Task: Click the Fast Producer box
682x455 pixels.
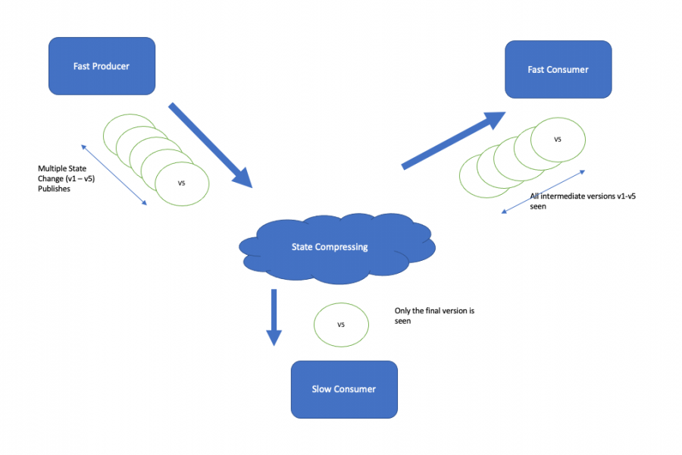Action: coord(102,66)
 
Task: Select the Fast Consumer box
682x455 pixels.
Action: coord(558,69)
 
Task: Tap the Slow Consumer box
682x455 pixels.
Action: coord(344,389)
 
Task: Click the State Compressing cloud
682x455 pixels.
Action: coord(337,248)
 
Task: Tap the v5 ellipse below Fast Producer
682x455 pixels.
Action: coord(182,183)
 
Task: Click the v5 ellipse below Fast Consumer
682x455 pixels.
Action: coord(558,140)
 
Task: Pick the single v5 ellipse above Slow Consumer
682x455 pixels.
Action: coord(341,325)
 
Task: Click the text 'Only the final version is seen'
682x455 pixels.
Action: coord(434,315)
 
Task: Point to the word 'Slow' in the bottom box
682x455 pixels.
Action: coord(322,389)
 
